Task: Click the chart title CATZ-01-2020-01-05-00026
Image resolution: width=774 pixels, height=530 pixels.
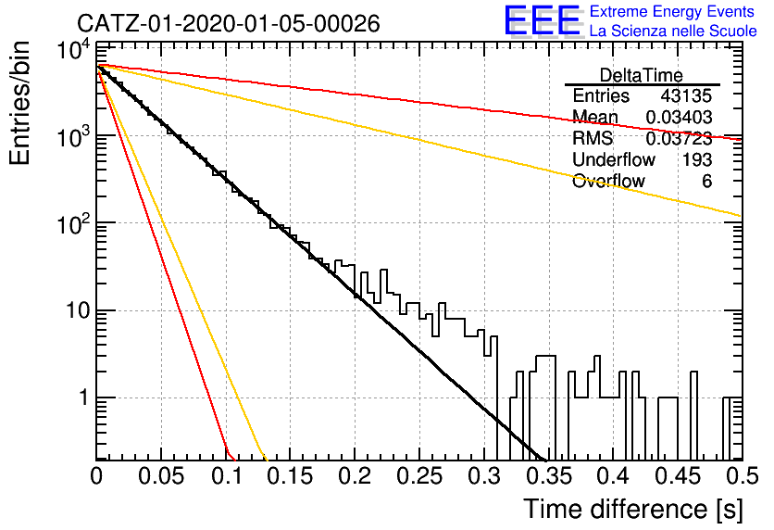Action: point(229,24)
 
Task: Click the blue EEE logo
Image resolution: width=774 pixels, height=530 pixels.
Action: point(542,20)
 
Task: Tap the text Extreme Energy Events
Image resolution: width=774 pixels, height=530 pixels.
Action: point(672,11)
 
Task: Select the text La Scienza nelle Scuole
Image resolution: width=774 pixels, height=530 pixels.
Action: point(673,32)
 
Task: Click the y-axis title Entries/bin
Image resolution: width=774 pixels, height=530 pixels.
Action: point(19,103)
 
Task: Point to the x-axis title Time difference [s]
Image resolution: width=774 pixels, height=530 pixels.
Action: point(633,510)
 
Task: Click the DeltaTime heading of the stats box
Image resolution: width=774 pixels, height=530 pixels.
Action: point(642,76)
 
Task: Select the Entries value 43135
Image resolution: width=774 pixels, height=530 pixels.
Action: point(686,95)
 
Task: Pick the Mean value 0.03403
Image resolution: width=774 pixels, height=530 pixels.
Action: point(679,118)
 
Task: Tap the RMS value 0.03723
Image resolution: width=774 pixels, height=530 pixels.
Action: point(679,139)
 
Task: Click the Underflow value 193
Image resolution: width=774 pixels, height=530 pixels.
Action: point(697,160)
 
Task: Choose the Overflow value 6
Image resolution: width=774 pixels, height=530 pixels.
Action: point(706,182)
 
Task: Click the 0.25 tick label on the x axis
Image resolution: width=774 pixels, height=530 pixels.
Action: point(419,476)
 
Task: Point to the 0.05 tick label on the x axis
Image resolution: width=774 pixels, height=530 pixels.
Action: point(161,476)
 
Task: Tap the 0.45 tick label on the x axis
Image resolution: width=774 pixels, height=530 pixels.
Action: point(678,476)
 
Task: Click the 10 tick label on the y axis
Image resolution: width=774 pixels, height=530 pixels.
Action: point(77,311)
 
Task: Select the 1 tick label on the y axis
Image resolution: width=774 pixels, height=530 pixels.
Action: point(84,398)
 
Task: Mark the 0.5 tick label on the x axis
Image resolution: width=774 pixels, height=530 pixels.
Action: point(742,476)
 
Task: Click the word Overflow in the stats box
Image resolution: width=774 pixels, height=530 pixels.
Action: point(608,182)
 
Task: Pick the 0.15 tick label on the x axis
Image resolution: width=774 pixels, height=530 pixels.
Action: point(291,476)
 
